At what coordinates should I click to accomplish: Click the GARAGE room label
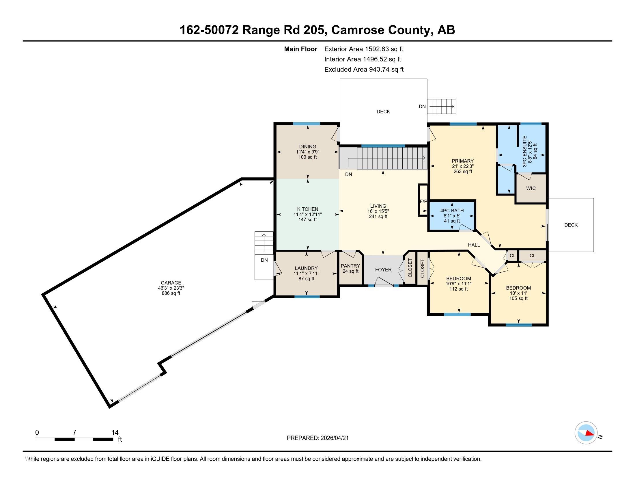(x=171, y=283)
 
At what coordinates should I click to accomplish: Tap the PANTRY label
(x=350, y=266)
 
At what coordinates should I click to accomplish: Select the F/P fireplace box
(x=423, y=200)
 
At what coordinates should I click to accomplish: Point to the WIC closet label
(x=531, y=188)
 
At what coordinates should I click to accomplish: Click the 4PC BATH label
(x=452, y=211)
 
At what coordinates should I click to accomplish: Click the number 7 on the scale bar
(x=74, y=433)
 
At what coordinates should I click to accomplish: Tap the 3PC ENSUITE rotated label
(x=524, y=151)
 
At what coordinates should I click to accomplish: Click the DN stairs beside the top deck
(x=442, y=107)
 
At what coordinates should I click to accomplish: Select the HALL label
(x=474, y=245)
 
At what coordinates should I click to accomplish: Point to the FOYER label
(x=383, y=270)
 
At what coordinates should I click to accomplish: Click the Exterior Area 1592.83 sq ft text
(x=363, y=49)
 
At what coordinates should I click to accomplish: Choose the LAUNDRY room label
(x=306, y=268)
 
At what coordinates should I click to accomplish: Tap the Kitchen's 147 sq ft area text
(x=308, y=220)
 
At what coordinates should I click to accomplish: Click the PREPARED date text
(x=317, y=438)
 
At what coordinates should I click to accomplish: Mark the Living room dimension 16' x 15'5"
(x=378, y=211)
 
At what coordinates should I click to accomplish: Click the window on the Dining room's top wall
(x=307, y=124)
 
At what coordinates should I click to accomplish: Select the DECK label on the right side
(x=571, y=225)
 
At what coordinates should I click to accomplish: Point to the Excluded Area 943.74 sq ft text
(x=364, y=69)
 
